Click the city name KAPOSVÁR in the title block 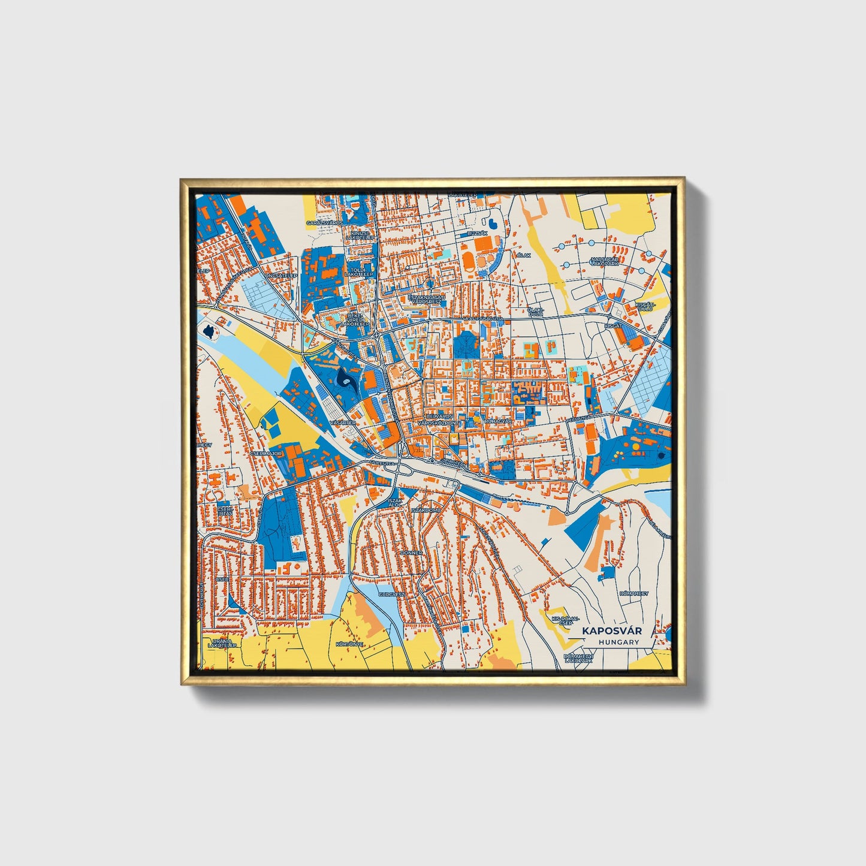point(611,630)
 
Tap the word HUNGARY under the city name point(618,642)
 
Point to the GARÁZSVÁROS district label point(324,222)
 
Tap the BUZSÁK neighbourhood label point(478,233)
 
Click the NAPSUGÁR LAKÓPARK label point(604,261)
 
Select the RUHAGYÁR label point(498,421)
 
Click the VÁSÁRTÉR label point(343,423)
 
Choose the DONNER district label point(411,553)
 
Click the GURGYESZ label point(393,594)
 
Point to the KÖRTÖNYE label point(349,644)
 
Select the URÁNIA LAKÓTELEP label point(222,642)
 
